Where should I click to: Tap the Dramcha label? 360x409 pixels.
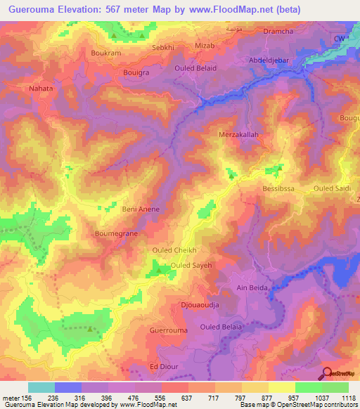pos(278,32)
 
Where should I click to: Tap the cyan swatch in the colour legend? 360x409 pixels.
pos(41,387)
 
